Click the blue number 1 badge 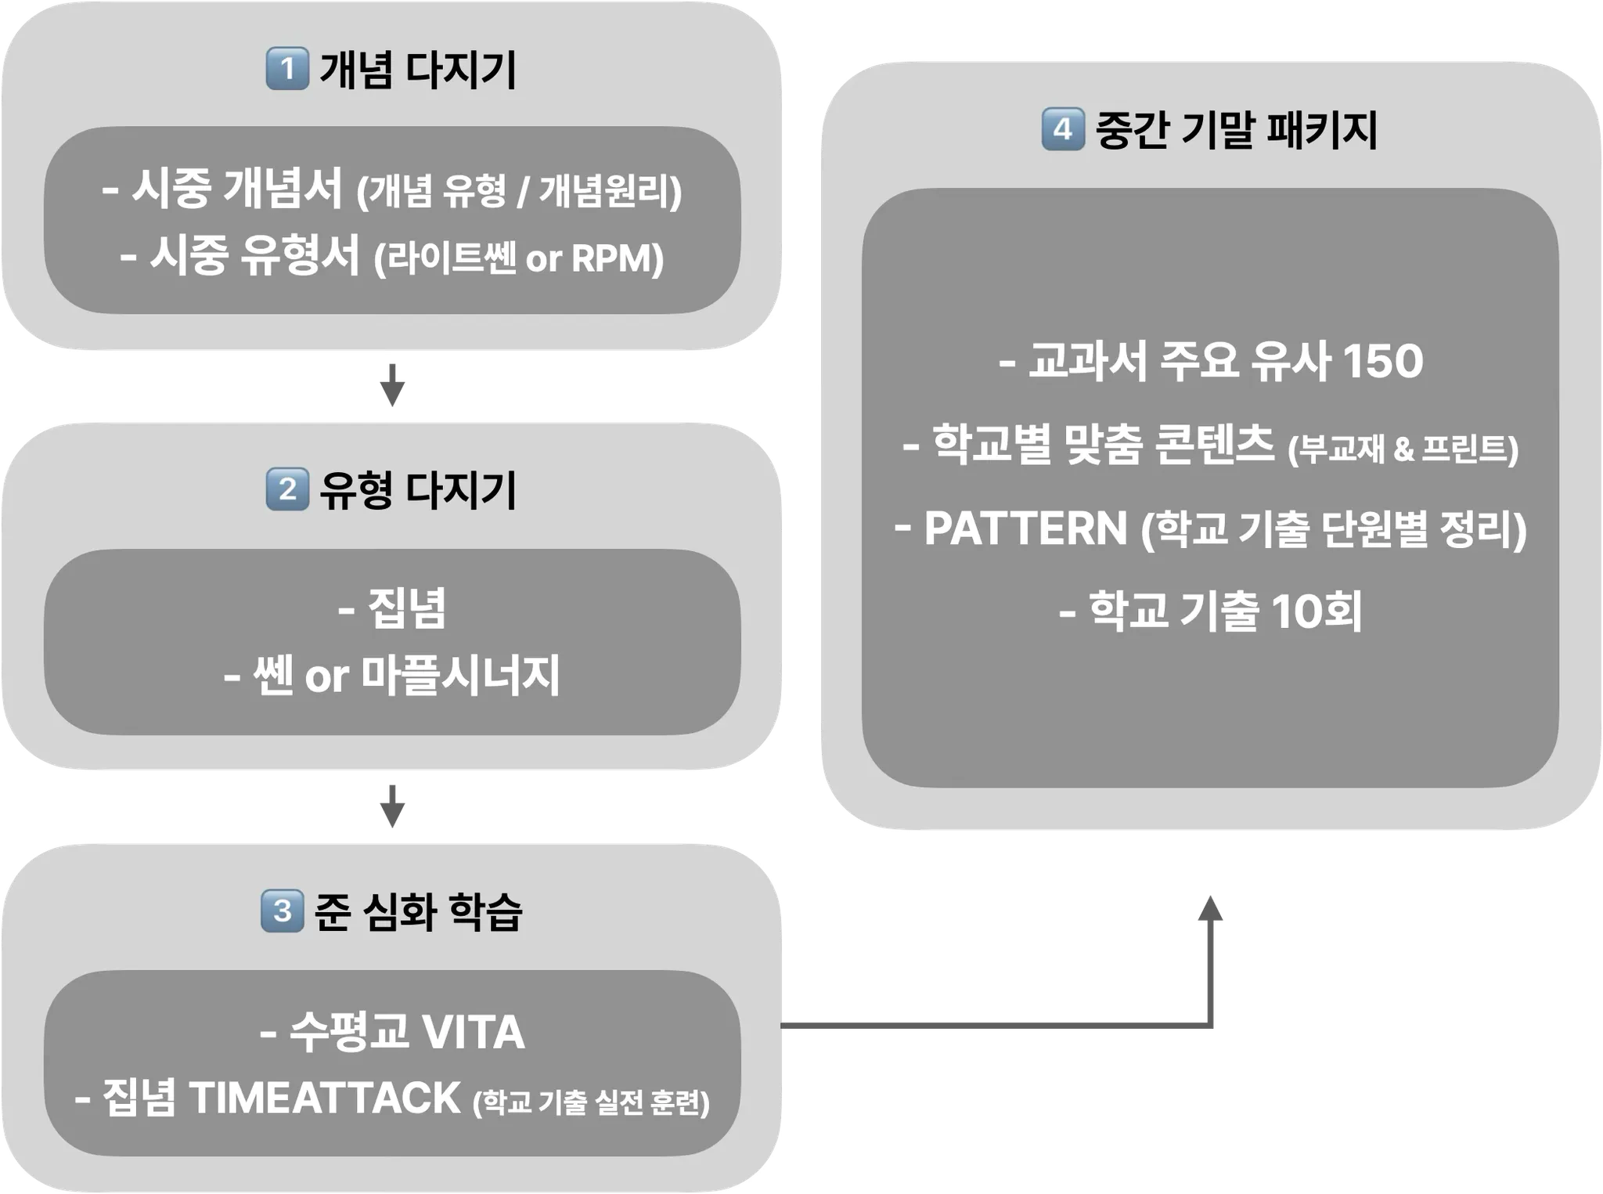point(287,69)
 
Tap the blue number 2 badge point(287,489)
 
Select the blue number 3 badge point(282,911)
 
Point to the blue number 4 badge point(1062,129)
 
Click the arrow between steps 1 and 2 point(391,381)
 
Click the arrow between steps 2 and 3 point(391,806)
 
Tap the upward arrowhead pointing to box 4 point(1211,912)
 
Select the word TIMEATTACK point(324,1098)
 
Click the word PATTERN point(1025,528)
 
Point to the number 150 point(1382,361)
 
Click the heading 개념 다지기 point(418,70)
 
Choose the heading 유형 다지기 point(418,490)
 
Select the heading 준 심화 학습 point(418,911)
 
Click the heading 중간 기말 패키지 point(1236,130)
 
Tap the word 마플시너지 point(460,676)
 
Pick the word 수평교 point(349,1032)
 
